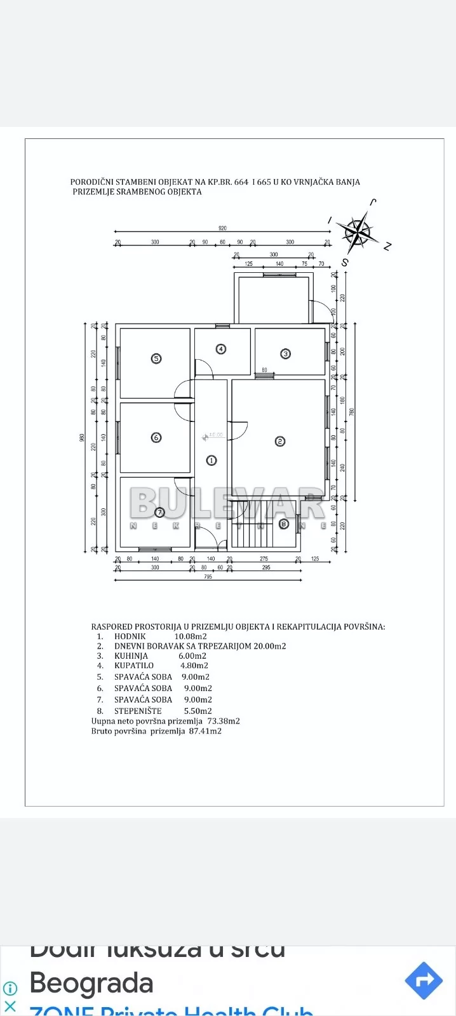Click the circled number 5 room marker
tap(156, 359)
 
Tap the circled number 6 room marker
tap(156, 437)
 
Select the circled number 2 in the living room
tap(279, 441)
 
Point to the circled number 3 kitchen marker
tap(286, 353)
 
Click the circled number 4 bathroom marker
tap(221, 348)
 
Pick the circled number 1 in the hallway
tap(211, 461)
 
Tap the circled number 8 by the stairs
tap(284, 524)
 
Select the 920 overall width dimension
tap(222, 228)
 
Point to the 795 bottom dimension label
tap(208, 577)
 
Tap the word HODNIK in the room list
tap(130, 637)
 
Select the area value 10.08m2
tap(191, 637)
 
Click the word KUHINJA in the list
tap(131, 656)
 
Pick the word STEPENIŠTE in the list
tap(138, 711)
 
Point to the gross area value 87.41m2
tap(205, 731)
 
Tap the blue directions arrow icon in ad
tap(423, 980)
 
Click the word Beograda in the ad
tap(91, 983)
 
